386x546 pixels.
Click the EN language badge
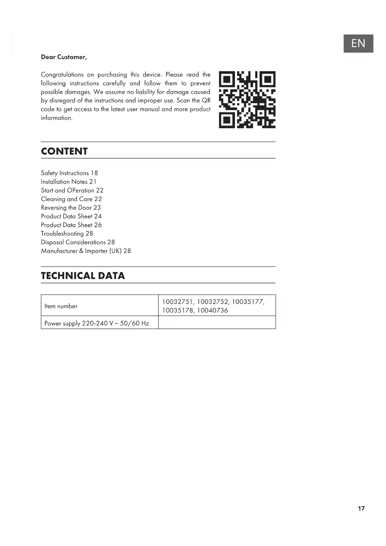pyautogui.click(x=358, y=43)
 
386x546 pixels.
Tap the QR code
pyautogui.click(x=247, y=100)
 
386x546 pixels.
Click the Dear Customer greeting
pyautogui.click(x=64, y=57)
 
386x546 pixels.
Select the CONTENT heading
pyautogui.click(x=64, y=151)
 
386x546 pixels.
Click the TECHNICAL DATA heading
pyautogui.click(x=83, y=276)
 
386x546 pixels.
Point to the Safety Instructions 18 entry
pyautogui.click(x=69, y=173)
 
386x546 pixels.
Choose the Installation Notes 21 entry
pyautogui.click(x=69, y=182)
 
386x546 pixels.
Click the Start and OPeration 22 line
pyautogui.click(x=72, y=191)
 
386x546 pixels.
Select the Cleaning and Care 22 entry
pyautogui.click(x=71, y=199)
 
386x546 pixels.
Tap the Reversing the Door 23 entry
pyautogui.click(x=71, y=208)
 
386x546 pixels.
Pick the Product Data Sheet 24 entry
pyautogui.click(x=71, y=216)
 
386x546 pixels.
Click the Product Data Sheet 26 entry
pyautogui.click(x=71, y=225)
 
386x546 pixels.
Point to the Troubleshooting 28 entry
pyautogui.click(x=67, y=234)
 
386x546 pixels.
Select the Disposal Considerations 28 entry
pyautogui.click(x=78, y=242)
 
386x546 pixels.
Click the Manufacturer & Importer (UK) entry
pyautogui.click(x=86, y=251)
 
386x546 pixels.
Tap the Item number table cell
pyautogui.click(x=61, y=306)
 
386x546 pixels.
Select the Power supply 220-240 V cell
pyautogui.click(x=97, y=323)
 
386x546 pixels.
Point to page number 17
pyautogui.click(x=361, y=508)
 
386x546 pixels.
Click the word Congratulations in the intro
pyautogui.click(x=62, y=75)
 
